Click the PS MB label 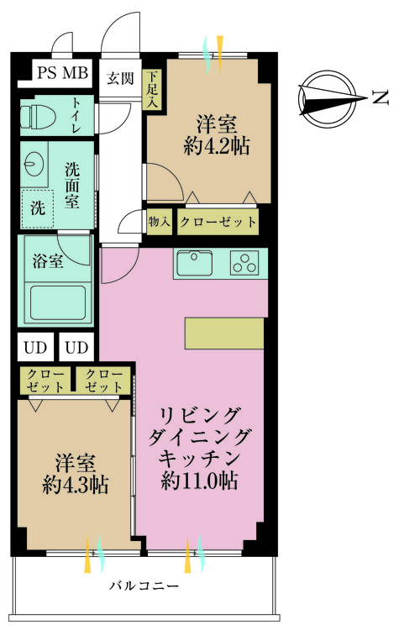pyautogui.click(x=62, y=73)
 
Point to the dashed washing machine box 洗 pyautogui.click(x=38, y=207)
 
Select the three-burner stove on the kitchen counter pyautogui.click(x=244, y=264)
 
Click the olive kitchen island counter pyautogui.click(x=223, y=333)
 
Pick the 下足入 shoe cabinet pyautogui.click(x=153, y=90)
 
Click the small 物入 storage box pyautogui.click(x=159, y=222)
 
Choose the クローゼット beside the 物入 pyautogui.click(x=217, y=222)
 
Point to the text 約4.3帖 pyautogui.click(x=76, y=485)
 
